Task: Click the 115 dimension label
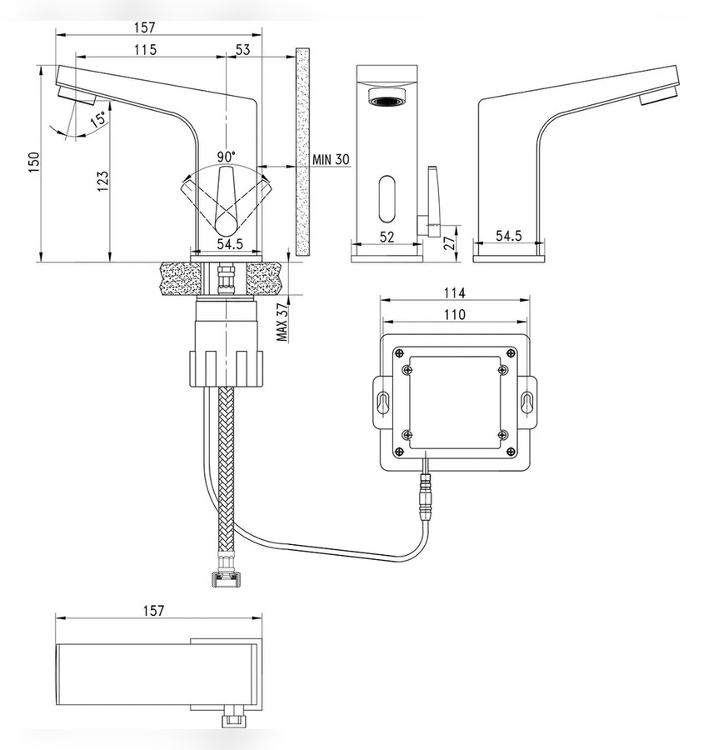145,49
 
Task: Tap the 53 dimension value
243,49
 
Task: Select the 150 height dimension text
34,162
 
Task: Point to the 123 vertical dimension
102,182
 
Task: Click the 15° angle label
99,117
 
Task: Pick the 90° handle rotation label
227,157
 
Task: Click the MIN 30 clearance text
331,159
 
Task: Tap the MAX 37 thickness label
282,322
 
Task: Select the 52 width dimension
386,237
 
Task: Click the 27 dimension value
450,243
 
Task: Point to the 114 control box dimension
454,292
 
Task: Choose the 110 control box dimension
454,314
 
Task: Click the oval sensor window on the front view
386,199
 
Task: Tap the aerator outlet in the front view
387,101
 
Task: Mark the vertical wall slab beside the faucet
302,152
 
